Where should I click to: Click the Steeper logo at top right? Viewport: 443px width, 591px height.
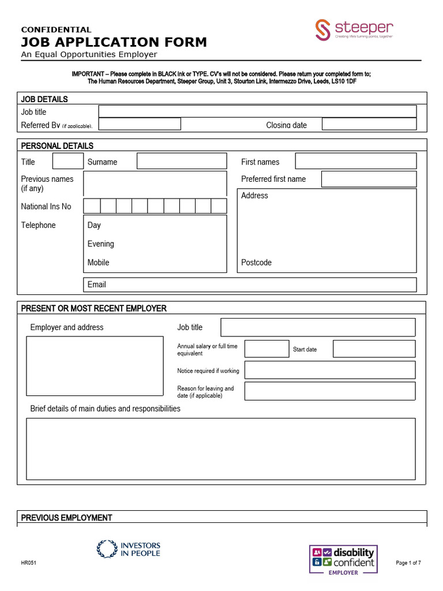[354, 30]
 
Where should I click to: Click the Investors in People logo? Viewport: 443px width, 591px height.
[129, 549]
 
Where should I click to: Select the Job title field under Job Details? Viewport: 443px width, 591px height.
[257, 111]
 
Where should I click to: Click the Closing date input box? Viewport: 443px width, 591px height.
[369, 124]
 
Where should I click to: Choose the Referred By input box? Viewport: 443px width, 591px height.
[140, 124]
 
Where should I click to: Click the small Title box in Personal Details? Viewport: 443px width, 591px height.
[67, 161]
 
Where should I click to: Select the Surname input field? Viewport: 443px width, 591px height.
[182, 161]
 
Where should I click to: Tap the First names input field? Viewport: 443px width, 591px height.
[355, 161]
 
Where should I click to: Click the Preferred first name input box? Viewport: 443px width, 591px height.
[369, 179]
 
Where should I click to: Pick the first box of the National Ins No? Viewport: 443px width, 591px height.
[92, 206]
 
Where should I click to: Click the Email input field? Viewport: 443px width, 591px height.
[250, 285]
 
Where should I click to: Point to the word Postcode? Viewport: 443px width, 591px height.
[256, 263]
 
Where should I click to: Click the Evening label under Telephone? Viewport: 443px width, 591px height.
[101, 244]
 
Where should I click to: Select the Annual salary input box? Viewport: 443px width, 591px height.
[266, 349]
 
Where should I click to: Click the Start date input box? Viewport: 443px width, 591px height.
[374, 349]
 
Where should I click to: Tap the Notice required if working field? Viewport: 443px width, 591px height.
[329, 370]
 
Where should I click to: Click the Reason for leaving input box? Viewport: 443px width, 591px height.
[329, 391]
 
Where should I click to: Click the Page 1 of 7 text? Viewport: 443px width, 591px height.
[408, 563]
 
